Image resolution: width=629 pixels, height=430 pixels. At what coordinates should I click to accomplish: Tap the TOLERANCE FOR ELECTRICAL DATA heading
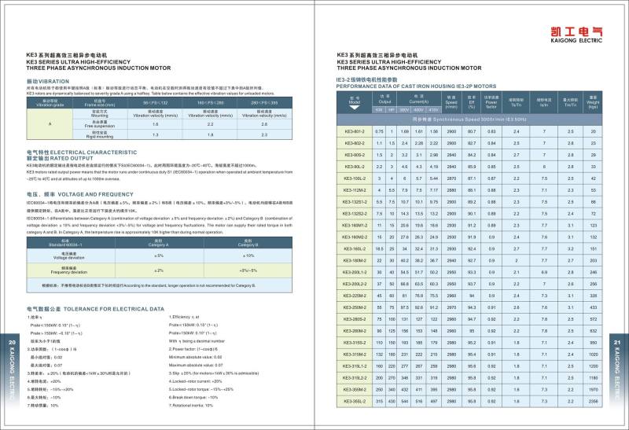[95, 309]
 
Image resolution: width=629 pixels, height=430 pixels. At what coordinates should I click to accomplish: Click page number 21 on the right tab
[617, 344]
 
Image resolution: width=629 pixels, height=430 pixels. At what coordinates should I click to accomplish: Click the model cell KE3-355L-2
[355, 402]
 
